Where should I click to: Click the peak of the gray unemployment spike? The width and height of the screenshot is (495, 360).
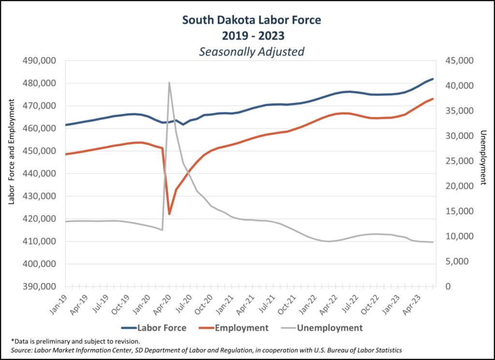coord(169,82)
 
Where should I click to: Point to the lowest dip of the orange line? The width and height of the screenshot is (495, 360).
coord(169,214)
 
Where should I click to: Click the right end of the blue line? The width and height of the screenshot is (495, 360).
coord(433,79)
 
